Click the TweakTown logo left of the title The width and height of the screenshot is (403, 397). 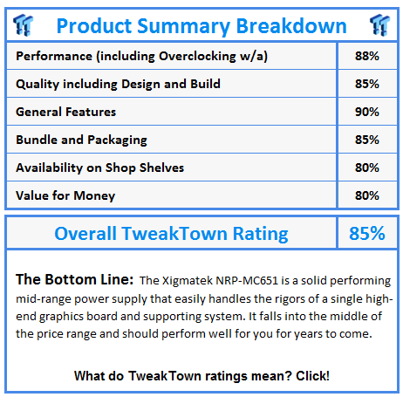tap(24, 25)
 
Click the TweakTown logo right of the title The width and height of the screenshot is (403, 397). tap(379, 25)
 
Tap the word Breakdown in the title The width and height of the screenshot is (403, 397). tap(291, 26)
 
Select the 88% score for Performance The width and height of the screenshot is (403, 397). tap(367, 56)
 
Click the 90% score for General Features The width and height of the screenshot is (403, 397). tap(367, 112)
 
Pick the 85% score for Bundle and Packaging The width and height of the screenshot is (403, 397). tap(367, 140)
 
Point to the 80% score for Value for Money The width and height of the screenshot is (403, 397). tap(367, 195)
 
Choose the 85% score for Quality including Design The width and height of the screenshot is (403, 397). tap(367, 84)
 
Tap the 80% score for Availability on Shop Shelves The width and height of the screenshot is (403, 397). tap(367, 168)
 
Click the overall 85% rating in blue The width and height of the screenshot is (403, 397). tap(367, 233)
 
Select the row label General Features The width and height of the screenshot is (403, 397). tap(66, 112)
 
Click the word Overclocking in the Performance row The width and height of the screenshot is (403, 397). tap(197, 57)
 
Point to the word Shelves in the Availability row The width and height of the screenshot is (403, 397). tap(161, 168)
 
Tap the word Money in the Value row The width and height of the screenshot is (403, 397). tap(94, 196)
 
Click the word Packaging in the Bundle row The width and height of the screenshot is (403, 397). tap(117, 140)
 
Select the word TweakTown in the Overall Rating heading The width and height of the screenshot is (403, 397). tap(174, 233)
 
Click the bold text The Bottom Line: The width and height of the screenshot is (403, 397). tap(75, 279)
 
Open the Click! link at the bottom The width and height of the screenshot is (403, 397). tap(312, 376)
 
